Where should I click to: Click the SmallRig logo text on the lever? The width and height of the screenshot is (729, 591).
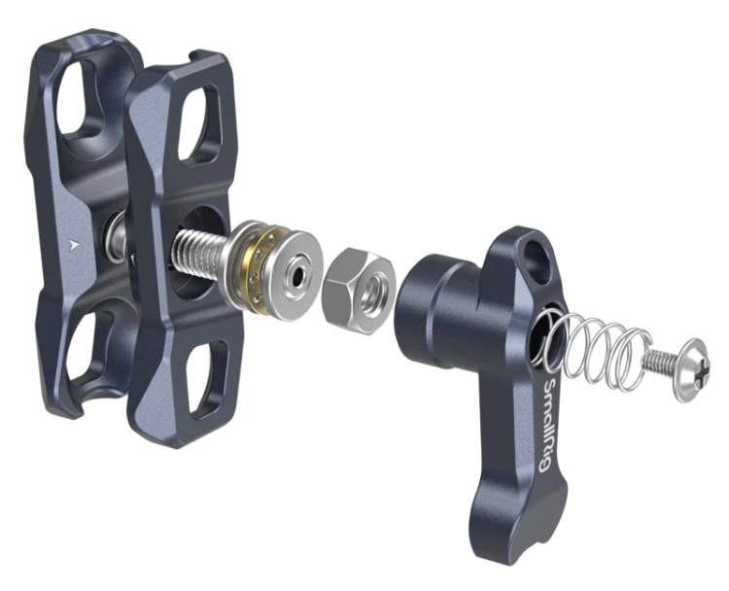[551, 425]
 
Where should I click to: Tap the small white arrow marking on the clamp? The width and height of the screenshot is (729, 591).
[73, 244]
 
